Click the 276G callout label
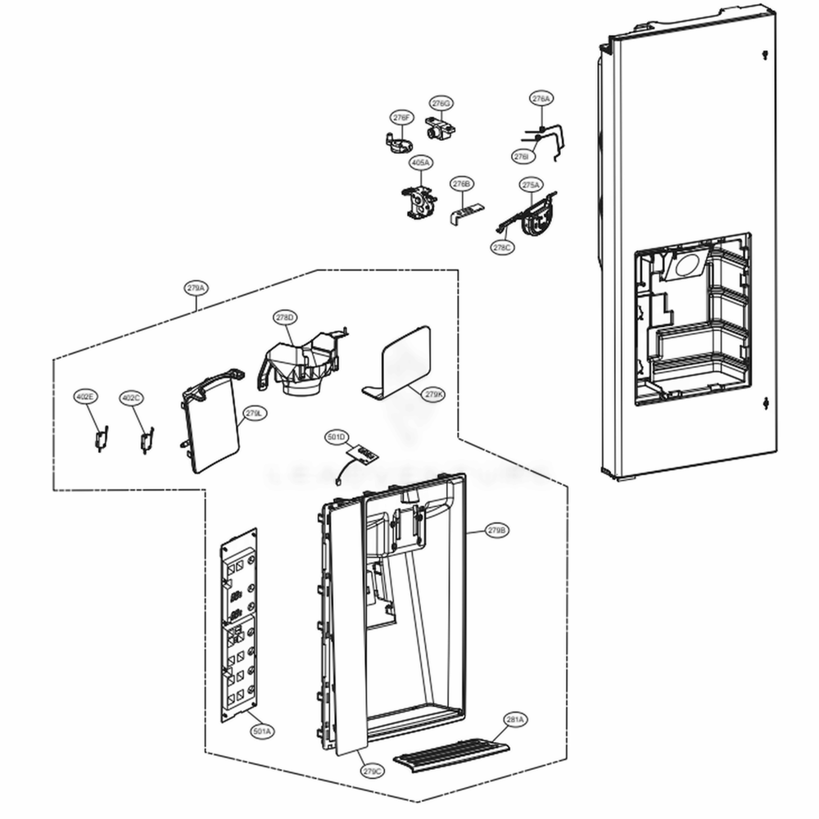coord(441,103)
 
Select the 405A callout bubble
coord(420,163)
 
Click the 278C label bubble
coord(503,247)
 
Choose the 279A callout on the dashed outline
coord(196,288)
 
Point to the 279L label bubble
coord(253,414)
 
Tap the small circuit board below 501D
coord(360,453)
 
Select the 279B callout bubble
coord(497,531)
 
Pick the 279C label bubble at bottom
coord(372,771)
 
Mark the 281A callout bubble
coord(515,720)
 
